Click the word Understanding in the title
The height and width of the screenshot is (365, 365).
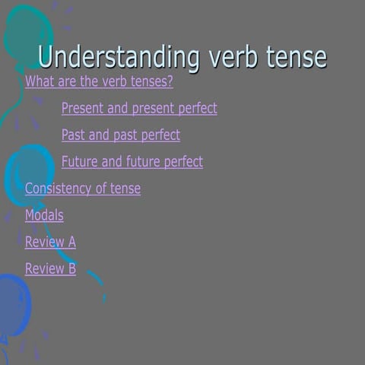[118, 58]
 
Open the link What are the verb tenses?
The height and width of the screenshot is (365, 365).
[99, 82]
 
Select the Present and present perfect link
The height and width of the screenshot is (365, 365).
[139, 109]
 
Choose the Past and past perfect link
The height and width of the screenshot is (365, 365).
[121, 135]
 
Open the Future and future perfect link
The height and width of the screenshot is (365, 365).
[132, 162]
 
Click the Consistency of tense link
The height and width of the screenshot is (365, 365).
[83, 189]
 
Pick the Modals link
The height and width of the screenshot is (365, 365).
[44, 215]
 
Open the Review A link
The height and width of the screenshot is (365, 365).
[50, 243]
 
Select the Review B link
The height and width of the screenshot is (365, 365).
[50, 269]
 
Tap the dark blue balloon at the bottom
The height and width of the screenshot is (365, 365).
[14, 304]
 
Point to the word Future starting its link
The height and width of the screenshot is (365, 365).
[80, 162]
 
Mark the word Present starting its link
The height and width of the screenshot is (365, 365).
[84, 109]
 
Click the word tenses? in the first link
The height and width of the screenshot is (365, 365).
[152, 82]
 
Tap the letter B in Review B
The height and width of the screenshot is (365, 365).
[71, 269]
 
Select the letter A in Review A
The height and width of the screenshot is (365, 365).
[71, 243]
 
